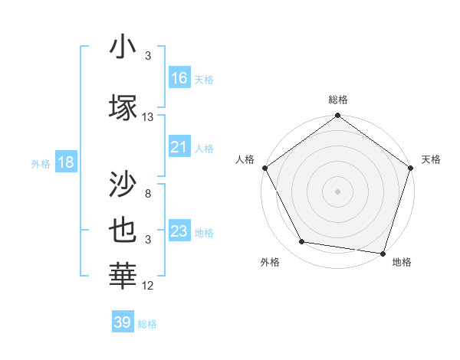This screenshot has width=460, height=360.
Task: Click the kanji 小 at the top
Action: pos(123,47)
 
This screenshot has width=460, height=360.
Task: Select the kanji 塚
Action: pos(123,106)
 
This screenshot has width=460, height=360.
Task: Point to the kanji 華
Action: pos(123,275)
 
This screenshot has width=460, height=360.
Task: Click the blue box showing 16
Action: pos(179,78)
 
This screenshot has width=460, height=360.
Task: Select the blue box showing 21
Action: pos(179,147)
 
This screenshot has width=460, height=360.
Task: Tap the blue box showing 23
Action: pos(179,231)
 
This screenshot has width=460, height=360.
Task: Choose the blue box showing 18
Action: pos(65,162)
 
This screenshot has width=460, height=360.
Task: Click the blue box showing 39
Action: pos(123,322)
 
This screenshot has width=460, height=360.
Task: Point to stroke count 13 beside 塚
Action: pos(148,117)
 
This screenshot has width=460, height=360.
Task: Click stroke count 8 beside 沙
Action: pos(148,194)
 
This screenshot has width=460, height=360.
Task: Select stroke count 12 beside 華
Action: pos(148,286)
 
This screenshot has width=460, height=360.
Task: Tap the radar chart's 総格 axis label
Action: pos(338,100)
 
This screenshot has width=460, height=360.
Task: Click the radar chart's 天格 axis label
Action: pos(431,159)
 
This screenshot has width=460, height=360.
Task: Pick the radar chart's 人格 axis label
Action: pos(245,159)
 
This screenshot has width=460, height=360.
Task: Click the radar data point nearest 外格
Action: pos(302,242)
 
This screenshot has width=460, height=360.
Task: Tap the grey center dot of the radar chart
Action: pos(338,191)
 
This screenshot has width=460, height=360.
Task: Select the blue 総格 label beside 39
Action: pos(147,324)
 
